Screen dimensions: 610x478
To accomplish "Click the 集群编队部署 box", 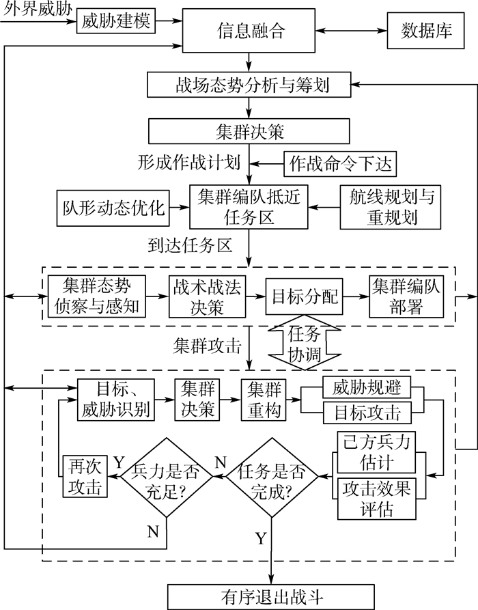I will point(406,296).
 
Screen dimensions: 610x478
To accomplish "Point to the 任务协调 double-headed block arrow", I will point(297,346).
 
